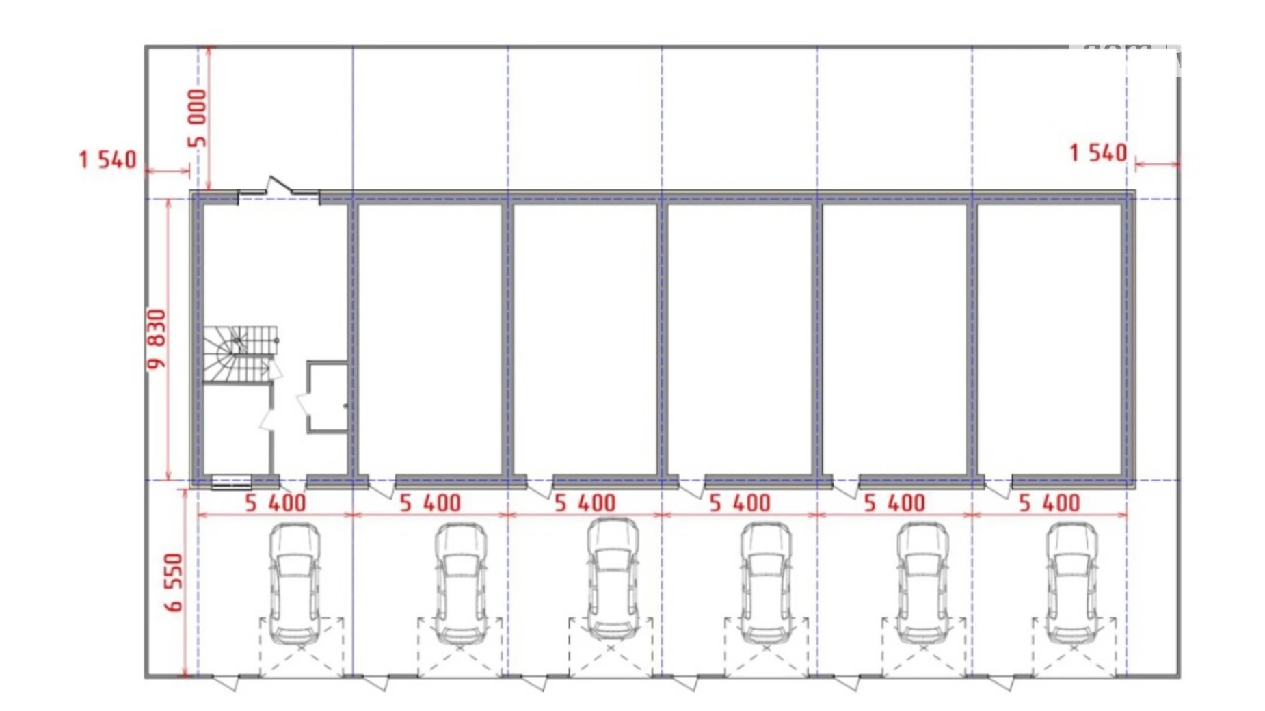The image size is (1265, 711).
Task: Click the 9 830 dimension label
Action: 157,339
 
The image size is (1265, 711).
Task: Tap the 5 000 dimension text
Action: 196,118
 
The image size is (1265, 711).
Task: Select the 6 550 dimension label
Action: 174,582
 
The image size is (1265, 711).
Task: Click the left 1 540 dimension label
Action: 108,160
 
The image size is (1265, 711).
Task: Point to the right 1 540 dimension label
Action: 1098,152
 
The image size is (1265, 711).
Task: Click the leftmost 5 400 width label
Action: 276,503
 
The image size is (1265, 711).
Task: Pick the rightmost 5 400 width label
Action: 1050,503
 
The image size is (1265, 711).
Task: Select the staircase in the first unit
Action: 240,354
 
